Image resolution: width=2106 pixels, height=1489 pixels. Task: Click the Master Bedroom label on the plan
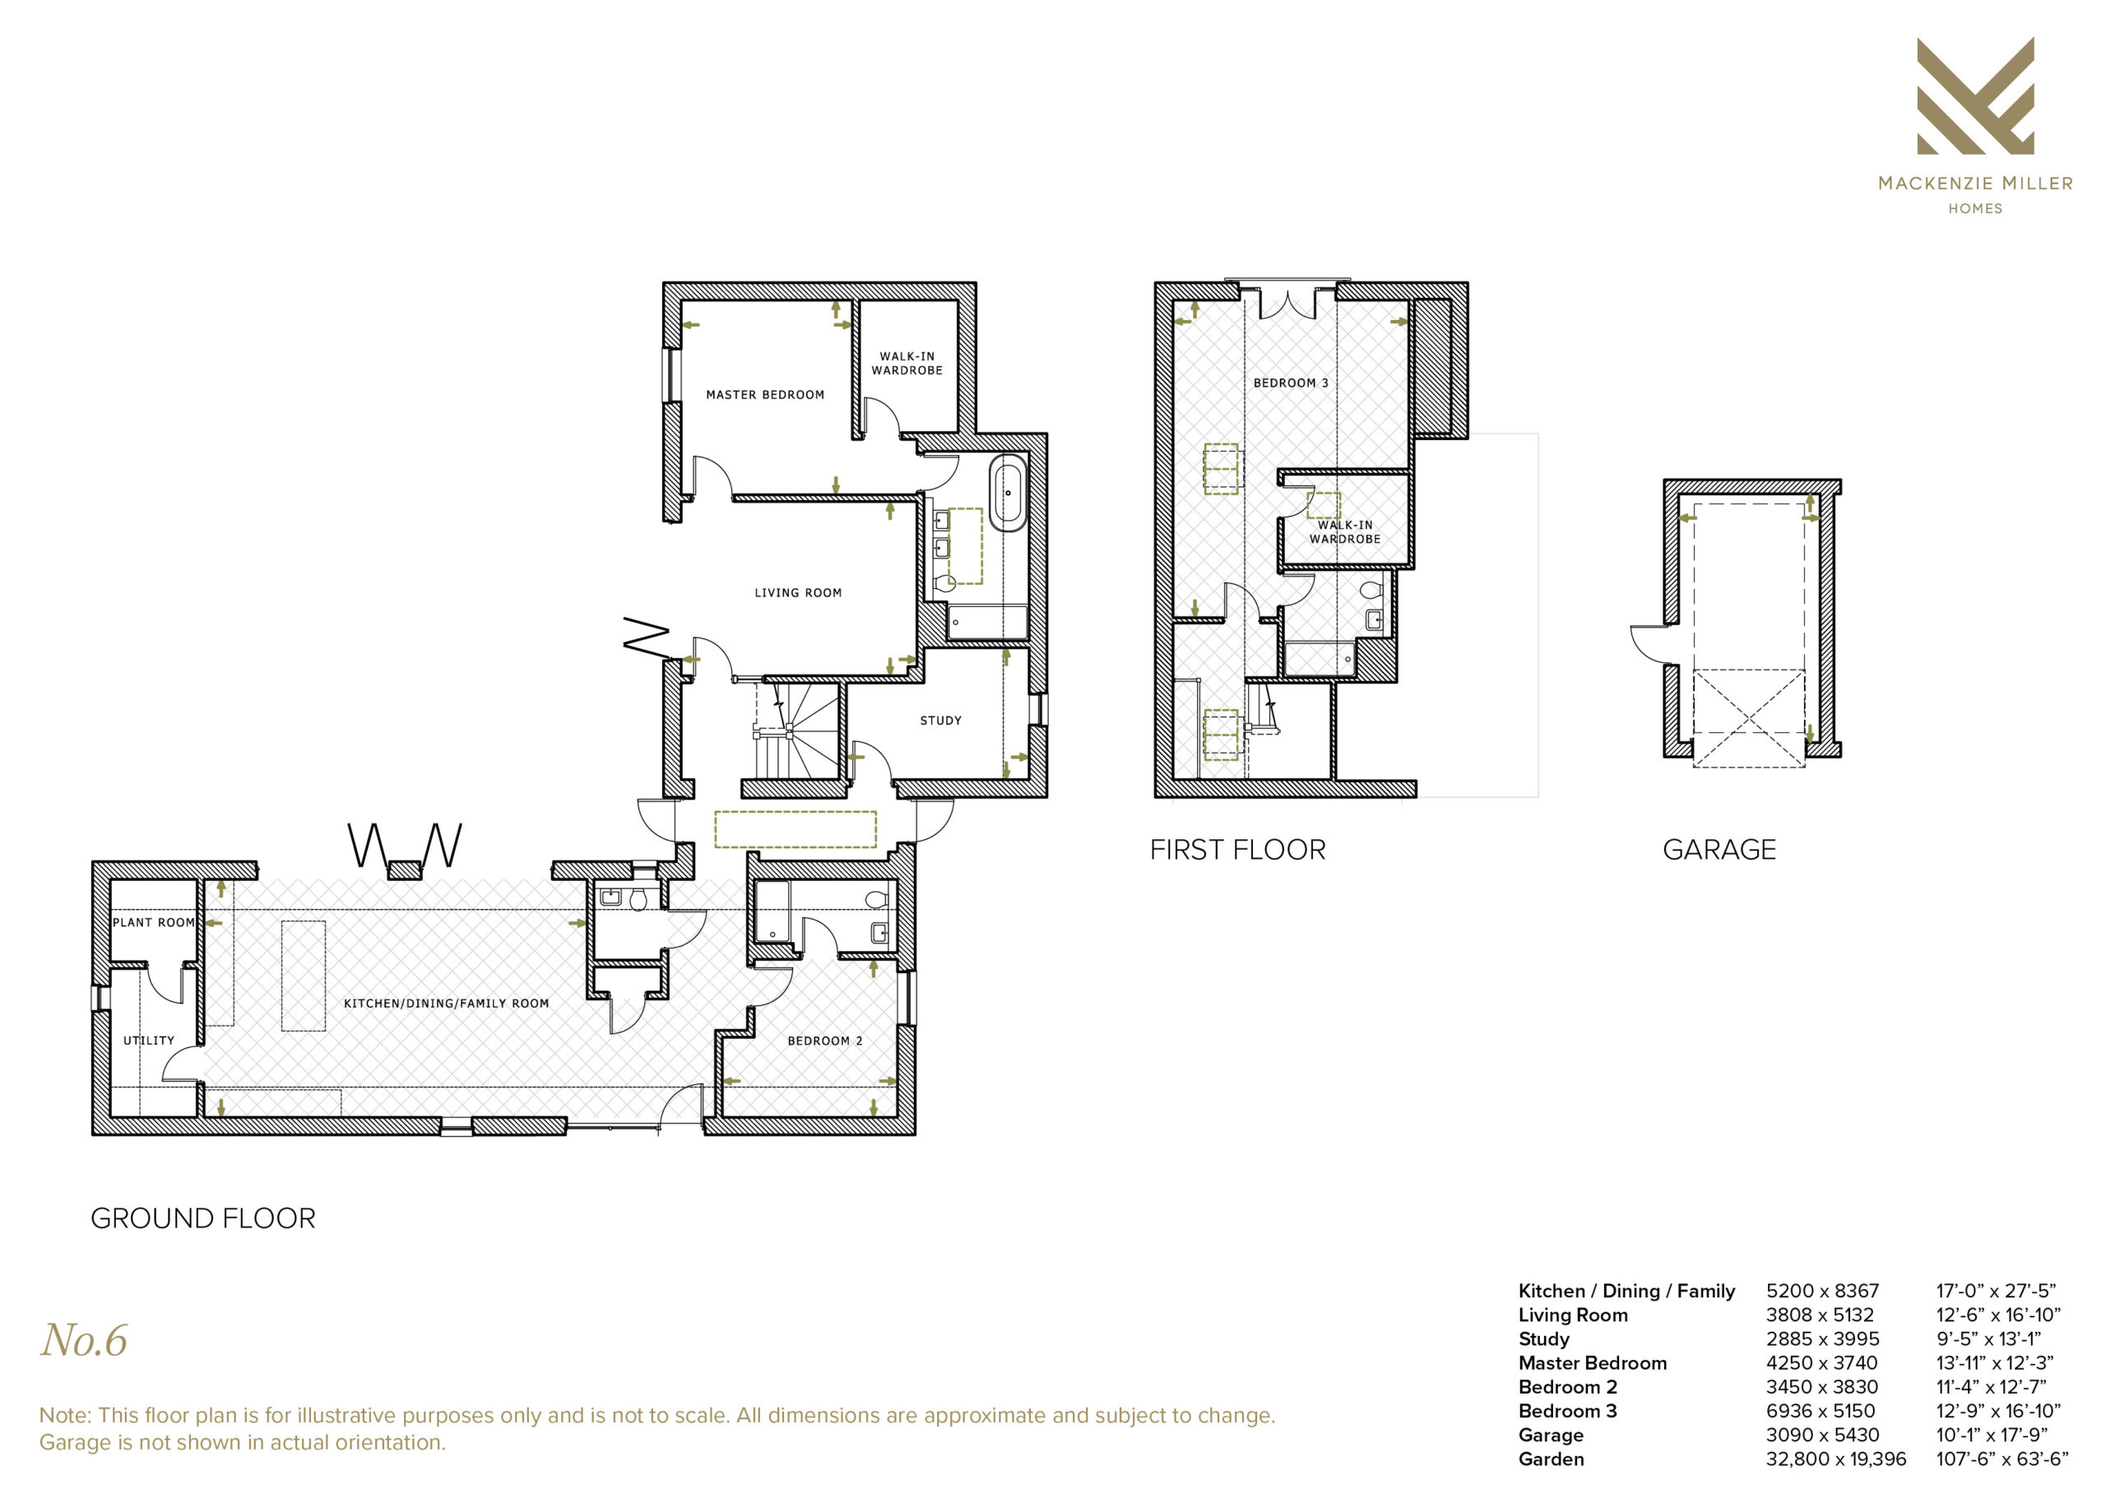pyautogui.click(x=765, y=396)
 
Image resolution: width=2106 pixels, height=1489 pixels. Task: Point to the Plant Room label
pyautogui.click(x=153, y=923)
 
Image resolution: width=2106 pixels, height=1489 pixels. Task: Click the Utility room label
pyautogui.click(x=149, y=1041)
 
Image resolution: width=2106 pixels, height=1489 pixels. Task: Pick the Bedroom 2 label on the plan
pyautogui.click(x=824, y=1041)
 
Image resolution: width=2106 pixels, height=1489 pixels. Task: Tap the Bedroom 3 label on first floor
pyautogui.click(x=1291, y=383)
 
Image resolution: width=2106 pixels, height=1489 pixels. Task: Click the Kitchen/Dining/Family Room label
pyautogui.click(x=447, y=1004)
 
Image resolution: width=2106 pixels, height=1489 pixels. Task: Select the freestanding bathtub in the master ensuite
pyautogui.click(x=1008, y=493)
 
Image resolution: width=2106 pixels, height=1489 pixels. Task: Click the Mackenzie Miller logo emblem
pyautogui.click(x=1976, y=95)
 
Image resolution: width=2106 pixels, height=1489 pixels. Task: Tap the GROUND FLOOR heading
pyautogui.click(x=202, y=1218)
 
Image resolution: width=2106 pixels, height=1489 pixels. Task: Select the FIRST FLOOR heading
pyautogui.click(x=1237, y=851)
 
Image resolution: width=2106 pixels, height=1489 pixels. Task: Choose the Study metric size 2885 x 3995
pyautogui.click(x=1822, y=1339)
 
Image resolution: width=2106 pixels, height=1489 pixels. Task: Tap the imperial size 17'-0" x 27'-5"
pyautogui.click(x=1996, y=1291)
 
